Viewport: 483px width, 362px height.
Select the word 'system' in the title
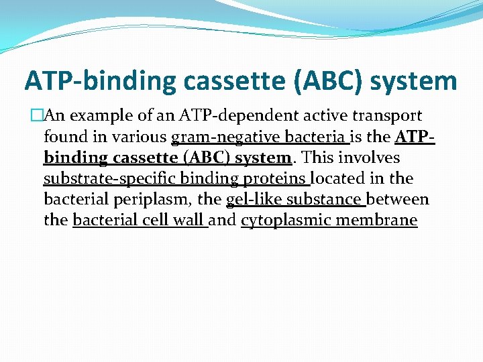click(x=413, y=81)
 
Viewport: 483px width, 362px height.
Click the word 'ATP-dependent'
click(x=215, y=116)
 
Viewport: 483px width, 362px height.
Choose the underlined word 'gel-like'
click(x=255, y=200)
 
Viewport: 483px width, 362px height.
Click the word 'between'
click(x=398, y=200)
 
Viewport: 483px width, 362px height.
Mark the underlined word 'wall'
click(x=189, y=221)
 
